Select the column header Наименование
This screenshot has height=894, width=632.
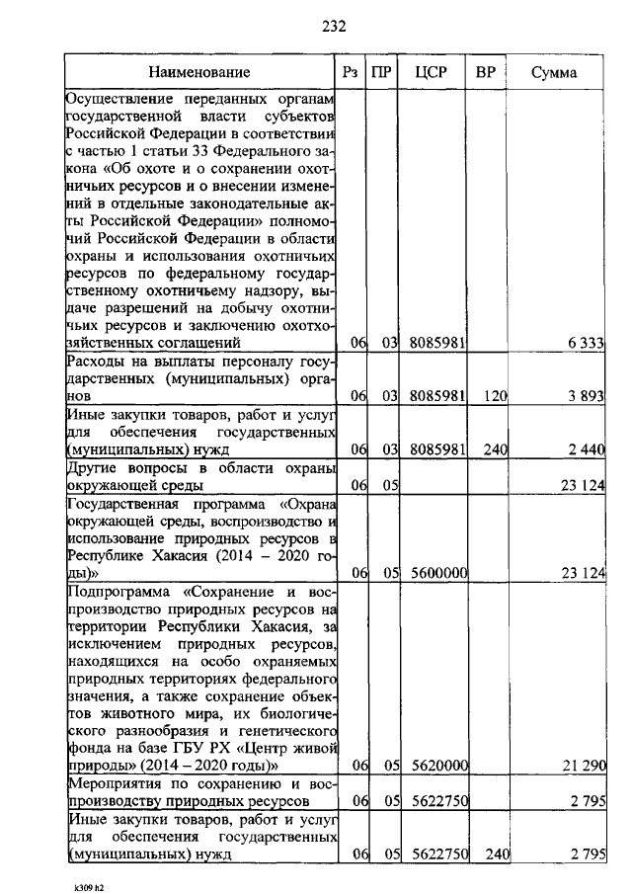click(200, 72)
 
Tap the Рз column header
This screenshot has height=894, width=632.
click(350, 72)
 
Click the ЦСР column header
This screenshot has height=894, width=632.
click(433, 72)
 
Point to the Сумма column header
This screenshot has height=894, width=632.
click(554, 72)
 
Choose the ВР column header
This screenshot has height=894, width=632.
click(485, 72)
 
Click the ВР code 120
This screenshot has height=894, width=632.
click(495, 396)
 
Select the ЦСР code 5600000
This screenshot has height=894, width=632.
click(437, 574)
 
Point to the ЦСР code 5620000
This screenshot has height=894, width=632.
click(437, 766)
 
